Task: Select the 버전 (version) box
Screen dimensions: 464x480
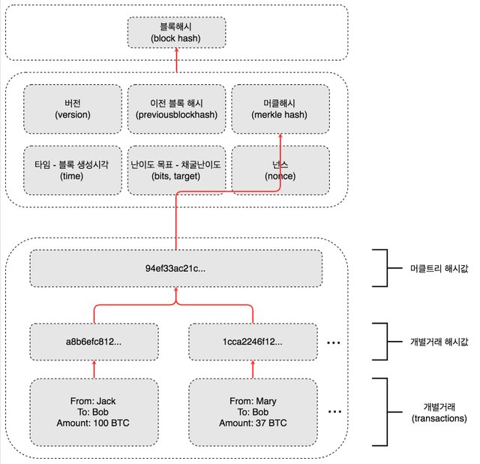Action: pyautogui.click(x=73, y=109)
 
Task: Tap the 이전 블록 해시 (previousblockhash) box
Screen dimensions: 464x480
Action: pyautogui.click(x=176, y=109)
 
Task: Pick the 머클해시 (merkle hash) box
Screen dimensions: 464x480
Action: pyautogui.click(x=280, y=109)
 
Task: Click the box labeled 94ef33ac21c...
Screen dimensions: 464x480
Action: pyautogui.click(x=176, y=267)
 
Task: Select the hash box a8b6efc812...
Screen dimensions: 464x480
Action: pyautogui.click(x=94, y=341)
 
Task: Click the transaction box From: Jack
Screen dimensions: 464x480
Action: pyautogui.click(x=94, y=412)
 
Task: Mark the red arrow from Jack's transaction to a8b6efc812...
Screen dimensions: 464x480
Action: pyautogui.click(x=94, y=369)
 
